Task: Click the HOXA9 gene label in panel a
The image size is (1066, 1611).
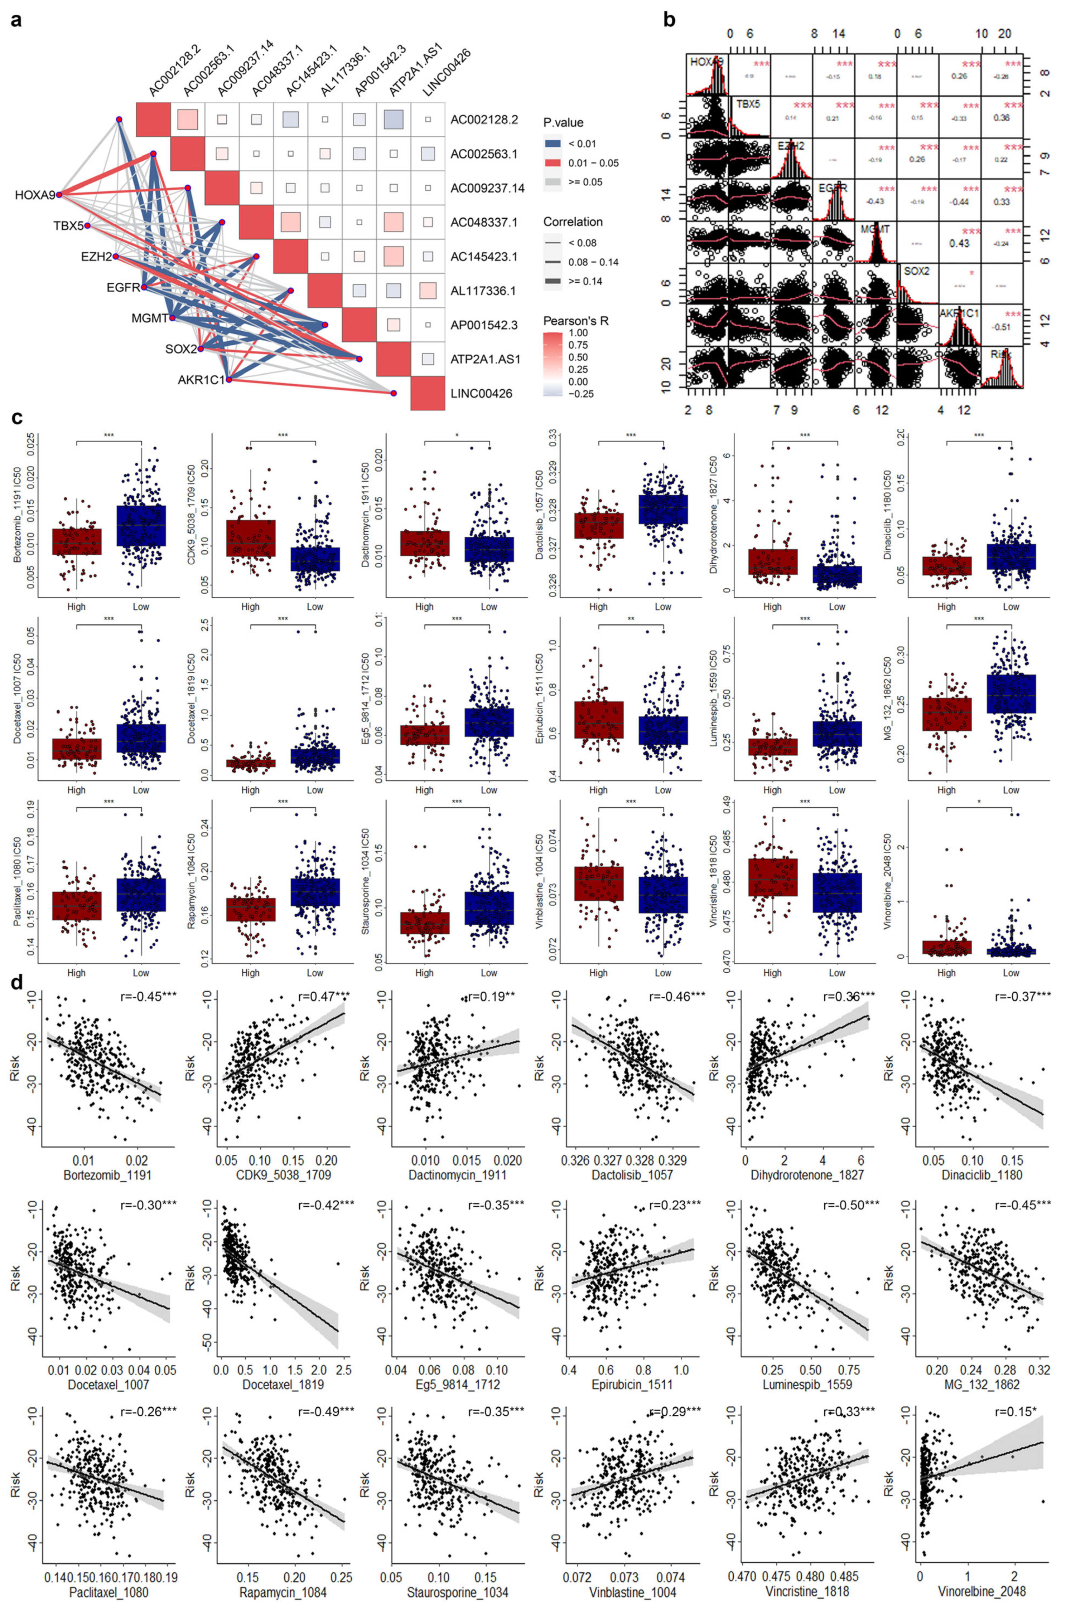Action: tap(34, 196)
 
